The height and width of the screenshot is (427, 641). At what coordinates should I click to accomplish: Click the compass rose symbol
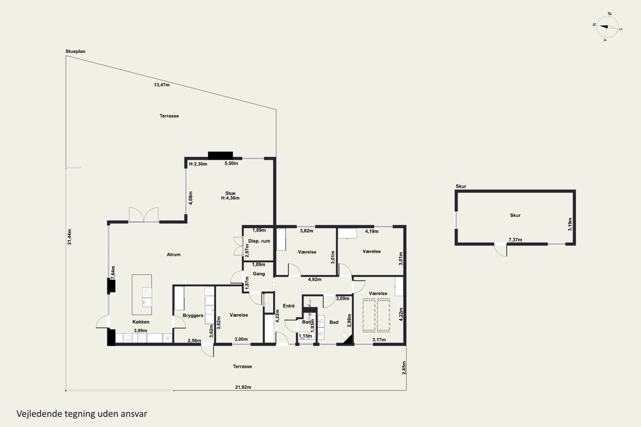607,27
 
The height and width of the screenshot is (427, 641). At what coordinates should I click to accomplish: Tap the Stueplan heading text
75,51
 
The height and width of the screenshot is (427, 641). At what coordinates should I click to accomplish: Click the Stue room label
230,193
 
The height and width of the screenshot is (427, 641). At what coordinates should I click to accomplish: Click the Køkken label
141,322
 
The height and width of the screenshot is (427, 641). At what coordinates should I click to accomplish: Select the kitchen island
142,295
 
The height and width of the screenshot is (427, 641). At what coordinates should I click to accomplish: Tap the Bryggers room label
193,316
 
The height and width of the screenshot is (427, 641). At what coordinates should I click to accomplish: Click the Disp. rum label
259,241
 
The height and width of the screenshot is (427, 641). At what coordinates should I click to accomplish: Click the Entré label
289,306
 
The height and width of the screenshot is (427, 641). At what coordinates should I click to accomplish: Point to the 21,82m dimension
243,387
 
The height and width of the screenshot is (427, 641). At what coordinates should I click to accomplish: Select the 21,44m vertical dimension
69,237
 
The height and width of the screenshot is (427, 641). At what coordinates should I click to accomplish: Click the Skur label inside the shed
515,215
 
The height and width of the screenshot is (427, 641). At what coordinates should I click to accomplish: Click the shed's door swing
501,250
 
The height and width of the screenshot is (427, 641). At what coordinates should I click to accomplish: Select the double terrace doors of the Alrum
144,215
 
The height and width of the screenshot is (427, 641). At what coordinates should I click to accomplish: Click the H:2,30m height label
198,164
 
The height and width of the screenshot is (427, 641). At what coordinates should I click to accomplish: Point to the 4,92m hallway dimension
315,279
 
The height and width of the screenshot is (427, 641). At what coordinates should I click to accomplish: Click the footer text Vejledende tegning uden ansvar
82,414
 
